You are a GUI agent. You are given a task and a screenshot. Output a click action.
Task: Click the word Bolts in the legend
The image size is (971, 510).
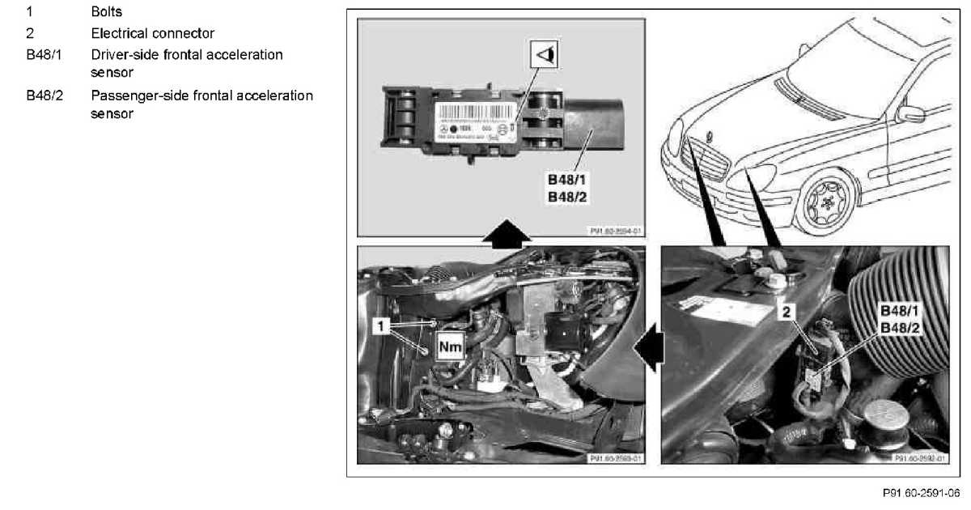pos(106,13)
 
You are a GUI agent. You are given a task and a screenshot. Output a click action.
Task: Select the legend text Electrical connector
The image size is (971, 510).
pos(152,34)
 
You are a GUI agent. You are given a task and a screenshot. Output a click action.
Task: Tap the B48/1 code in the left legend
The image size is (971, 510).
pos(44,55)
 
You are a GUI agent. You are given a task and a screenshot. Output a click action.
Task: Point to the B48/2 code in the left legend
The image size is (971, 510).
pos(44,96)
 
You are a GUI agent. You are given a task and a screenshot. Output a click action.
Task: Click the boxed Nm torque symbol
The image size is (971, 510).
pos(450,347)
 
